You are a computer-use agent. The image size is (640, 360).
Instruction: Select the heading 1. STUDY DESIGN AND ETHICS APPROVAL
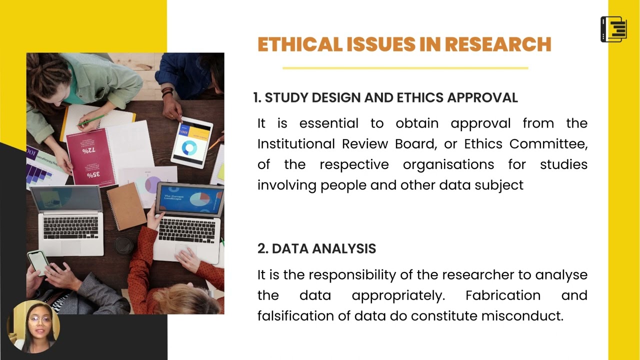pos(385,98)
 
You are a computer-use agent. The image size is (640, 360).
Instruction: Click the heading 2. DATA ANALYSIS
pos(316,248)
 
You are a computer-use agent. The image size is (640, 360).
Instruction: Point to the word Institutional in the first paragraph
pos(294,144)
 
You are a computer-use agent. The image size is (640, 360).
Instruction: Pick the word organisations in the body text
pos(448,164)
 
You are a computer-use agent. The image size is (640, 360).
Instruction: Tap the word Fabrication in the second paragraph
pos(502,295)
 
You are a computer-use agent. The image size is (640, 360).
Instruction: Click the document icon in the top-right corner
pos(613,29)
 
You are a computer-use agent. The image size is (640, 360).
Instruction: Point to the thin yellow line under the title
pos(405,68)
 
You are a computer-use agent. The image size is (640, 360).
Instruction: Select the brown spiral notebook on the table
pos(126,206)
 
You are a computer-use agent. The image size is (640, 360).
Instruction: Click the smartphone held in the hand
pos(38,261)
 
